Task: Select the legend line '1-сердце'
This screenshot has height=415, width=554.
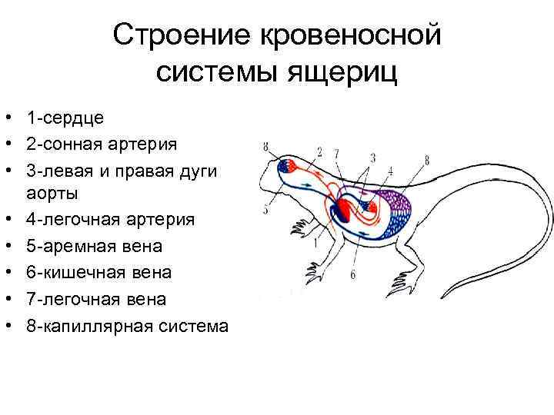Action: [65, 118]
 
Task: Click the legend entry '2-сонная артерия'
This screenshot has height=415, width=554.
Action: [101, 144]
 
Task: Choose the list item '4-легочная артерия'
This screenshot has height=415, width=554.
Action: [110, 220]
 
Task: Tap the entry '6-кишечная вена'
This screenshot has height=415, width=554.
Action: [98, 272]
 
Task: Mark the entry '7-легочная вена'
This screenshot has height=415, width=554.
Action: [95, 298]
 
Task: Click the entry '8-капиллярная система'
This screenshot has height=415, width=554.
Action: [126, 325]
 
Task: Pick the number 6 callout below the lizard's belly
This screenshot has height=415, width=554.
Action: [353, 274]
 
